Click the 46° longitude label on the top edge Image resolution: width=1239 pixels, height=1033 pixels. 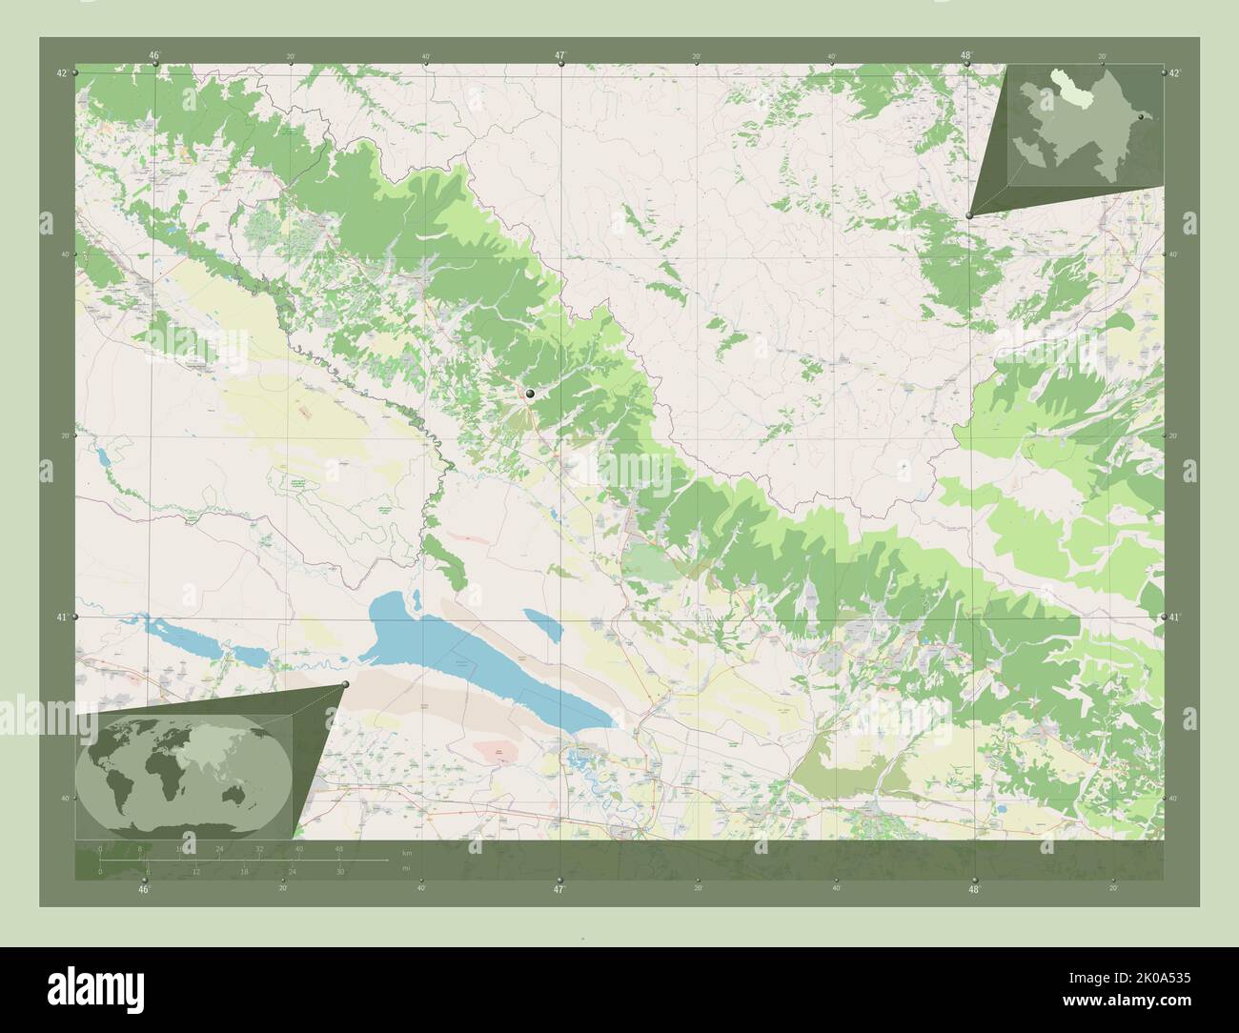153,55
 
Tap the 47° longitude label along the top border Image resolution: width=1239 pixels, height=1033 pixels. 560,55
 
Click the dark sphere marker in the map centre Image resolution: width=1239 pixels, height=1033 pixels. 529,392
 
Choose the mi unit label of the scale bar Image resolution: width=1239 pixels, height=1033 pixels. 406,869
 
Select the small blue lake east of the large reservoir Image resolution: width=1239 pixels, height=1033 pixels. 541,626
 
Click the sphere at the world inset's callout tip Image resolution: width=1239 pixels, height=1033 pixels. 345,684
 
